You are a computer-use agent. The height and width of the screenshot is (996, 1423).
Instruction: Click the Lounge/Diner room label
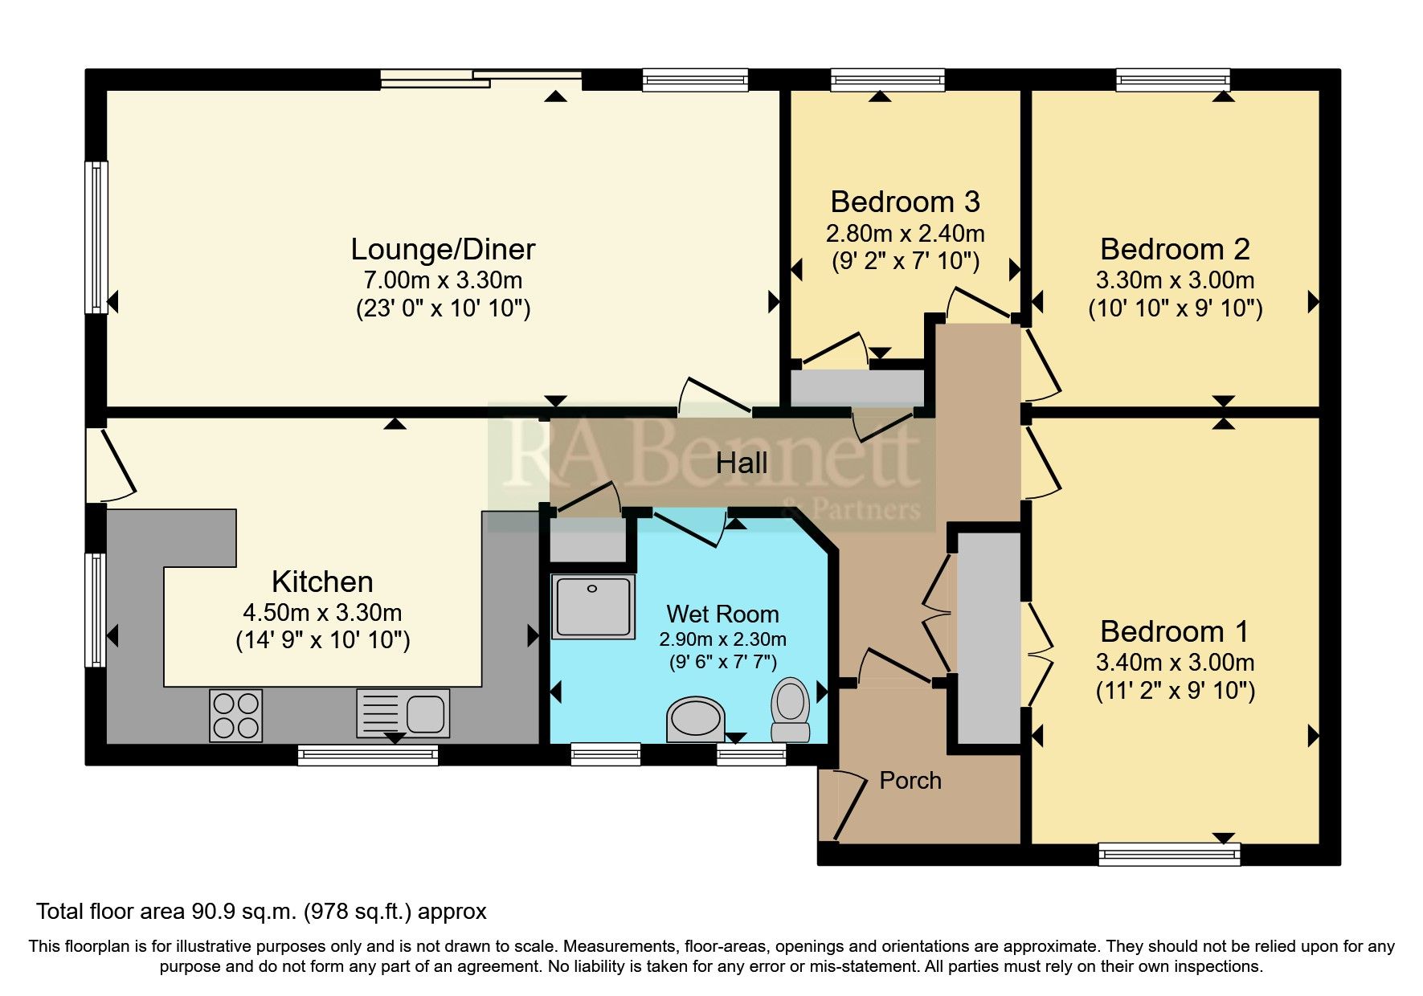click(443, 249)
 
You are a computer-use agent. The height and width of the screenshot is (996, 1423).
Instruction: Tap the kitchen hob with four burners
click(235, 716)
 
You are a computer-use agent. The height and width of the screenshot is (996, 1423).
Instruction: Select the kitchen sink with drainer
click(403, 713)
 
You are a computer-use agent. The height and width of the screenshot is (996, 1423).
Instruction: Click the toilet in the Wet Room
click(790, 708)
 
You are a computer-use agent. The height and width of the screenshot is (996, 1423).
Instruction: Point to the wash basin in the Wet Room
click(695, 719)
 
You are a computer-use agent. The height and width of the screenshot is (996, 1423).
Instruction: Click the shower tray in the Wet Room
click(592, 606)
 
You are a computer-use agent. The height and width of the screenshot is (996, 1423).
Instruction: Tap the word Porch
click(910, 781)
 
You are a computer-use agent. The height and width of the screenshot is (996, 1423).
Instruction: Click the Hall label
click(741, 463)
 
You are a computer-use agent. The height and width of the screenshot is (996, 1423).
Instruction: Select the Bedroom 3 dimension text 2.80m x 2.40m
click(905, 234)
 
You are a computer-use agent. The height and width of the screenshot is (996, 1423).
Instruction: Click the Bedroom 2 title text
click(1174, 249)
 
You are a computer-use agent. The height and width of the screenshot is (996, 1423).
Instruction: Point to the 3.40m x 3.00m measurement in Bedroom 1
click(1174, 663)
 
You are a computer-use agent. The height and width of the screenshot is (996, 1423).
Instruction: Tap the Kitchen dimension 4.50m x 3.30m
click(322, 613)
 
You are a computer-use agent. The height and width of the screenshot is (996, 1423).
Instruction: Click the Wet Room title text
click(722, 614)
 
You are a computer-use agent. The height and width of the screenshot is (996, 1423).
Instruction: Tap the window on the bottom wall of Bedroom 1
click(1168, 854)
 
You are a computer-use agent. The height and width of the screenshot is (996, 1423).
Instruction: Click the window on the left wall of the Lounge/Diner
click(96, 237)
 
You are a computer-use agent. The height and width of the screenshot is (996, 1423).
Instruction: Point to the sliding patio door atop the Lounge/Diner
click(480, 78)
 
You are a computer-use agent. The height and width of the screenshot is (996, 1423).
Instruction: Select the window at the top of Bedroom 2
click(1172, 79)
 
